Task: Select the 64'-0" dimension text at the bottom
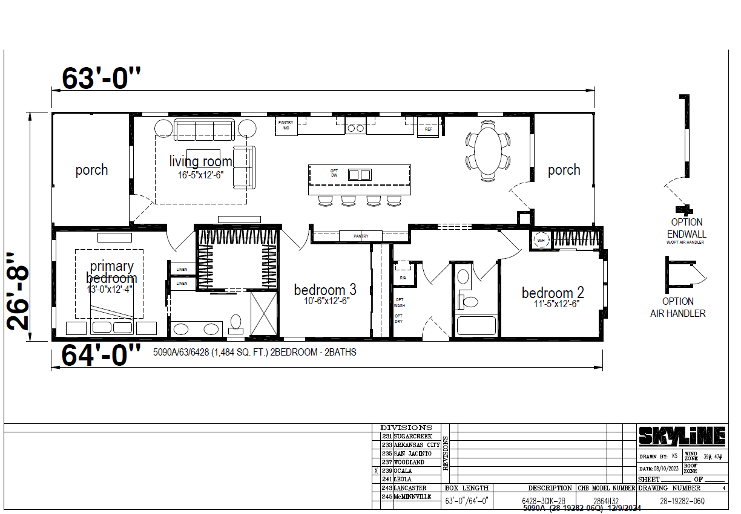tap(101, 356)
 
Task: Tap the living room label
tap(200, 161)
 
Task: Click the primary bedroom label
tap(111, 272)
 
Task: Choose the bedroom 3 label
tap(325, 290)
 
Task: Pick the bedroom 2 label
tap(553, 293)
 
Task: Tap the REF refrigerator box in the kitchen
tap(429, 129)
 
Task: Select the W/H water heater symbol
tap(541, 240)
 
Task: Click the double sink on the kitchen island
tap(359, 175)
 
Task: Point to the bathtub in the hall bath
tap(476, 325)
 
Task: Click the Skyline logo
tap(682, 435)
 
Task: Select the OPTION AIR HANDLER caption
tap(677, 307)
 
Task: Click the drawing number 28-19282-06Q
tap(682, 501)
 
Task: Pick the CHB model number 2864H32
tap(605, 501)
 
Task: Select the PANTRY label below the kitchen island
tap(361, 236)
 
